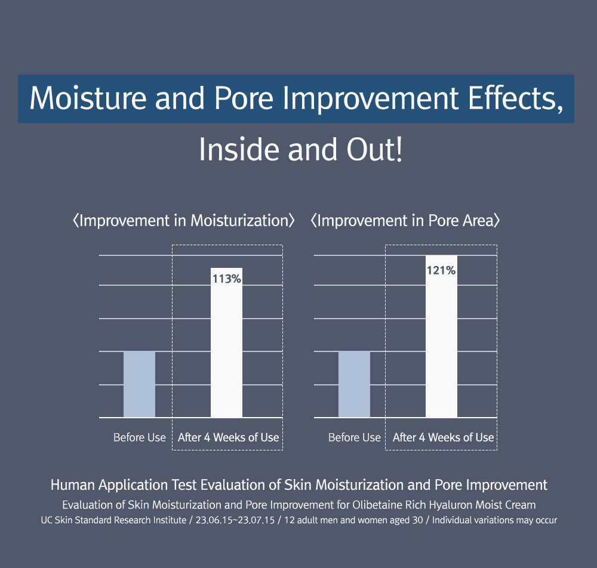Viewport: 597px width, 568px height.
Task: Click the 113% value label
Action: click(227, 278)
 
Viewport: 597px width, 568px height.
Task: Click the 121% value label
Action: click(441, 270)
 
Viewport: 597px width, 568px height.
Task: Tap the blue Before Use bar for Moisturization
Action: click(139, 384)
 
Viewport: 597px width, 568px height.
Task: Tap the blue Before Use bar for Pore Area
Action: click(354, 384)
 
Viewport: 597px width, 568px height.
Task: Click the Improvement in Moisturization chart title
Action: click(183, 221)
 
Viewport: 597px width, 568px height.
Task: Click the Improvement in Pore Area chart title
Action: click(405, 221)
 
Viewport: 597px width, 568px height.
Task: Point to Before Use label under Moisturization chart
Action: click(140, 437)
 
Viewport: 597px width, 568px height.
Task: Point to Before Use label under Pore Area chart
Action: click(355, 437)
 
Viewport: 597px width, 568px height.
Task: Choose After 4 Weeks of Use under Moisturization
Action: click(228, 437)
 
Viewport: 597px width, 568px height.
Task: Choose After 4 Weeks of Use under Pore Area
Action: click(443, 437)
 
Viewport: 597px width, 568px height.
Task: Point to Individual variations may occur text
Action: click(494, 520)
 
